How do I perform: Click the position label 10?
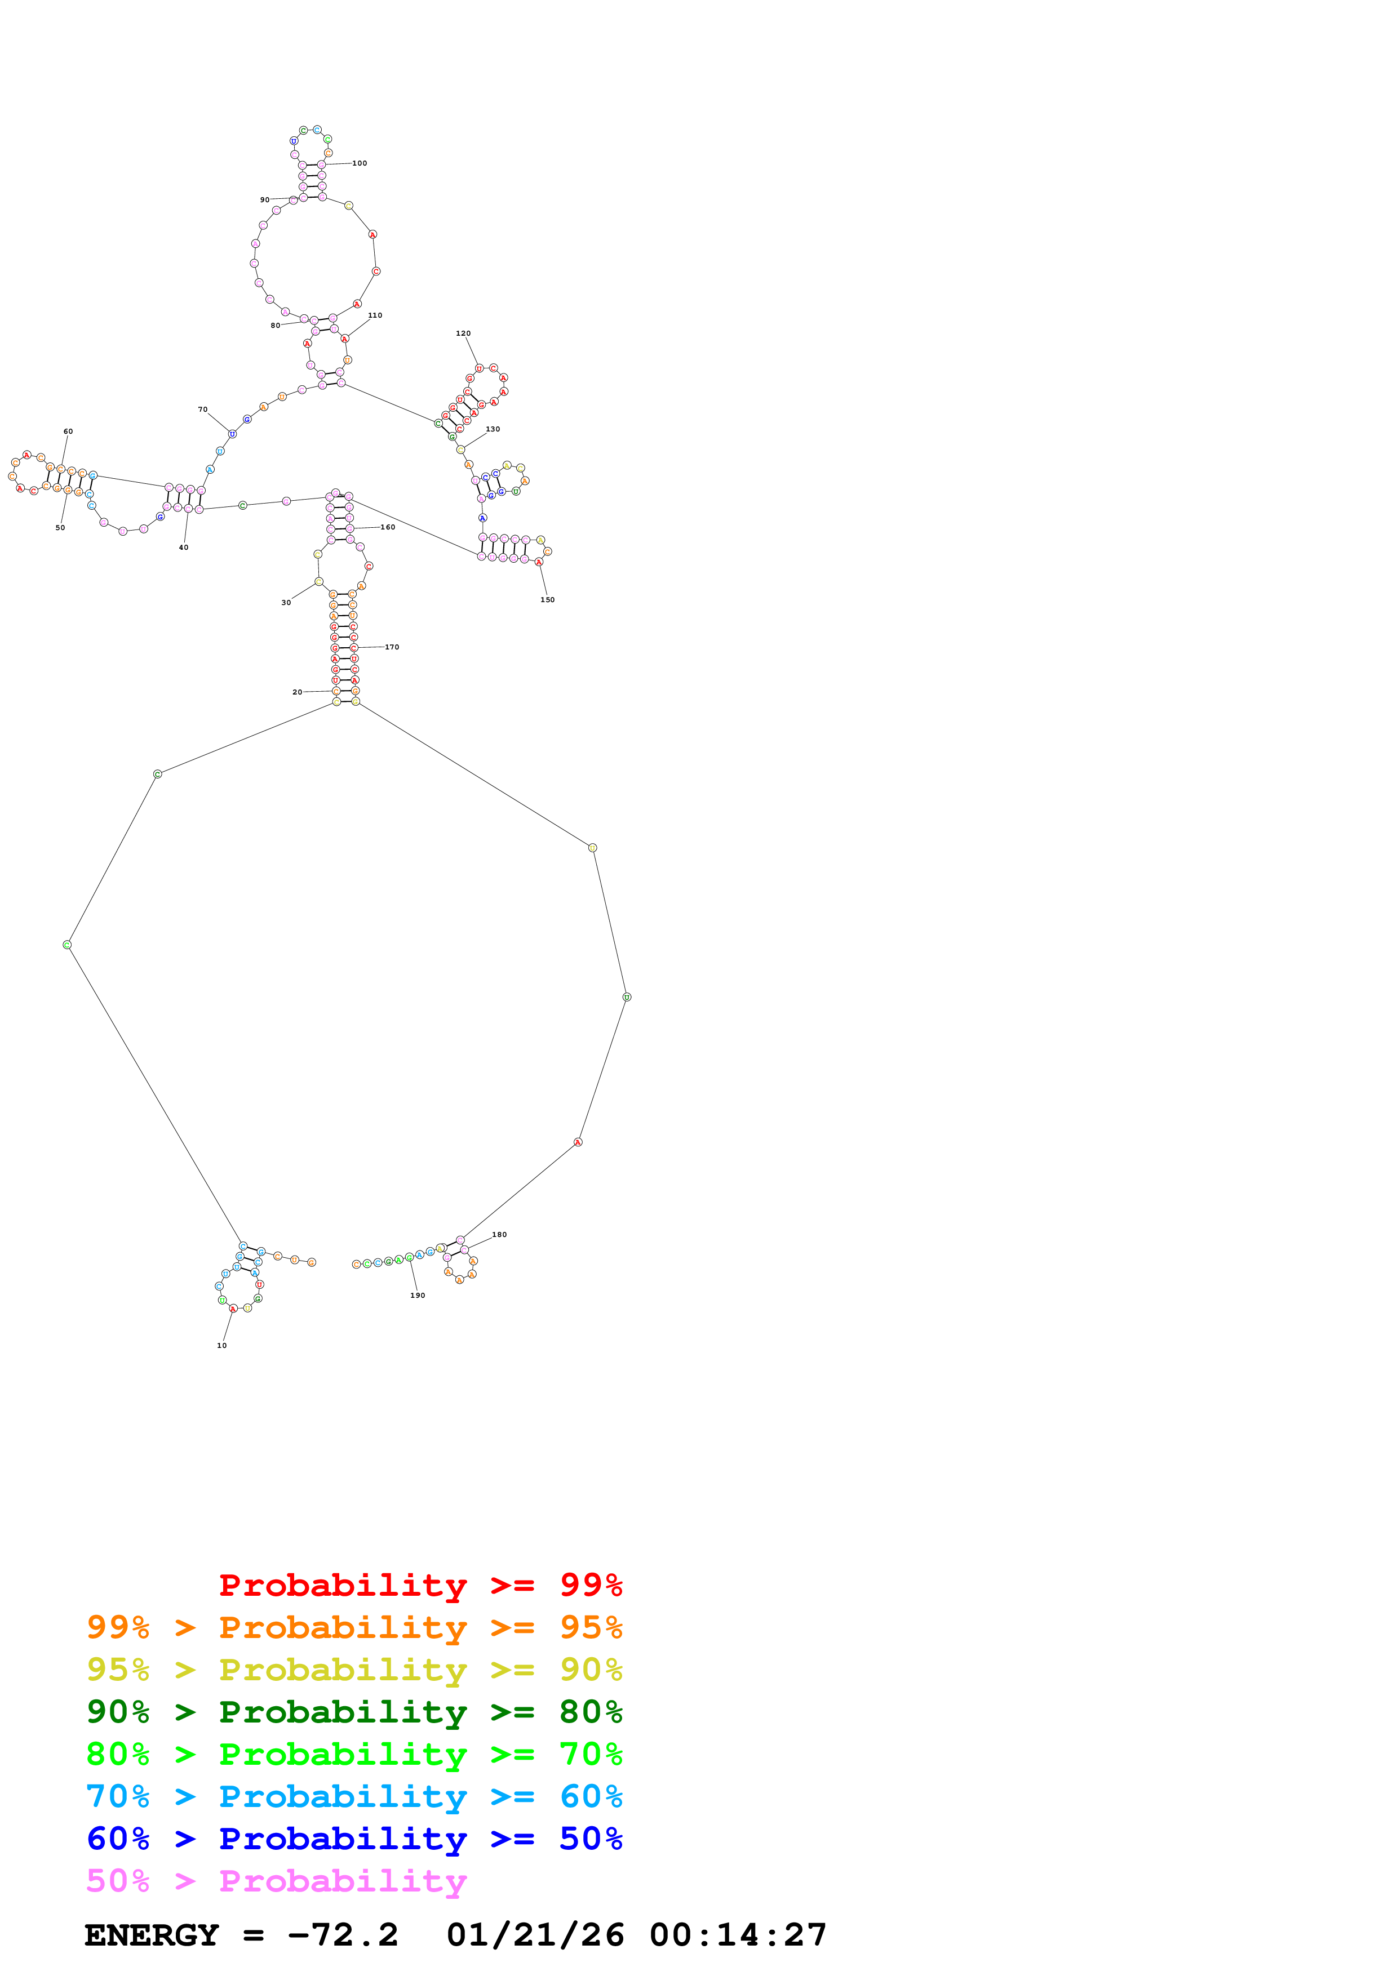[222, 1345]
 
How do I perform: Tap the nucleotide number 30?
[286, 603]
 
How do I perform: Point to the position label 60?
[68, 431]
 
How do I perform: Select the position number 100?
[360, 163]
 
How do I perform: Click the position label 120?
[463, 333]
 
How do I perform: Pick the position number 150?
[547, 600]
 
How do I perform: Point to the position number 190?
[418, 1295]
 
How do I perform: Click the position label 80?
[276, 326]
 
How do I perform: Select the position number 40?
[183, 548]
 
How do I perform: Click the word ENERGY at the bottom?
[152, 1935]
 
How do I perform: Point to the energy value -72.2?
[343, 1935]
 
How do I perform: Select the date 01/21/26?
[535, 1935]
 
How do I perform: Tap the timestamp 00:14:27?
[738, 1935]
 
